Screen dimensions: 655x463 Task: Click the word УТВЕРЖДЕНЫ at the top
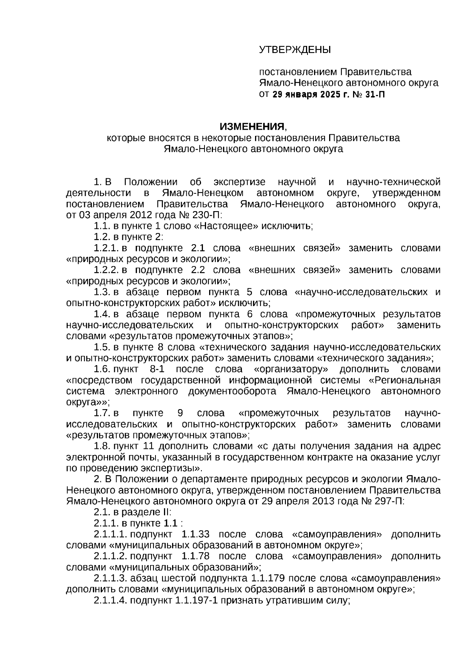point(294,50)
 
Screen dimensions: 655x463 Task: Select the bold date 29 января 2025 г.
point(310,95)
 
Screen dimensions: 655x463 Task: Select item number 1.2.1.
point(107,248)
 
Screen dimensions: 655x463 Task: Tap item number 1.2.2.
point(107,270)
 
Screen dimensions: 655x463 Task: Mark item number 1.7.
point(103,413)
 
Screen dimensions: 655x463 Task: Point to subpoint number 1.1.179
point(268,579)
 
